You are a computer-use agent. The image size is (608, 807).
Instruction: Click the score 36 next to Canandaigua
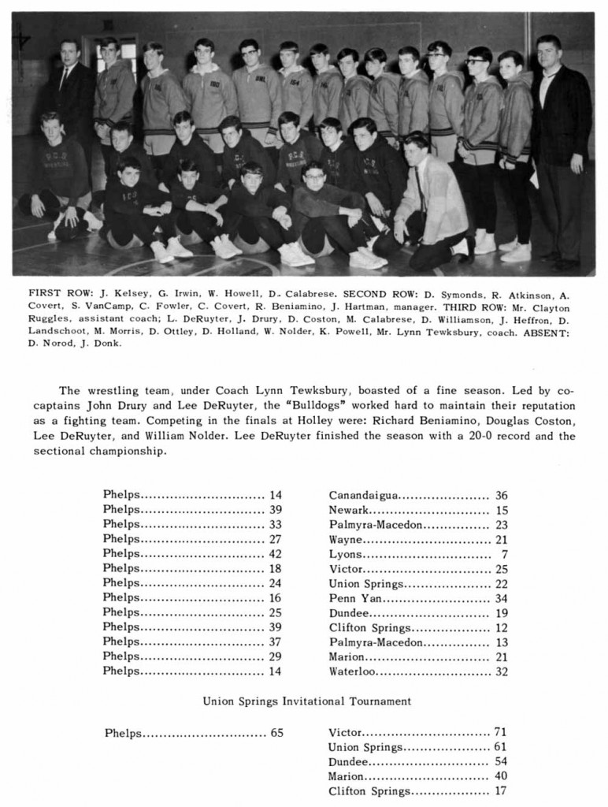[x=502, y=496]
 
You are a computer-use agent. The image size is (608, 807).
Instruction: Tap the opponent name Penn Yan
[x=350, y=599]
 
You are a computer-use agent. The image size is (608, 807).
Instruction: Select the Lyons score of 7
[x=504, y=555]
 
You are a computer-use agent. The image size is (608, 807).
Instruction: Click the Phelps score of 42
[x=275, y=554]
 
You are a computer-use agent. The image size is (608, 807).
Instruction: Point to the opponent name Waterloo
[x=352, y=672]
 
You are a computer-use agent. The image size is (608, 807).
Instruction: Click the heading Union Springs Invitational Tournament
[x=307, y=701]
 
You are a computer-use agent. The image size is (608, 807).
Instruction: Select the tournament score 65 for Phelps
[x=276, y=732]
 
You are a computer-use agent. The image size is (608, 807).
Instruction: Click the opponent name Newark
[x=350, y=511]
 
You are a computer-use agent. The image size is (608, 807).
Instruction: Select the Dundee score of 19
[x=502, y=613]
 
